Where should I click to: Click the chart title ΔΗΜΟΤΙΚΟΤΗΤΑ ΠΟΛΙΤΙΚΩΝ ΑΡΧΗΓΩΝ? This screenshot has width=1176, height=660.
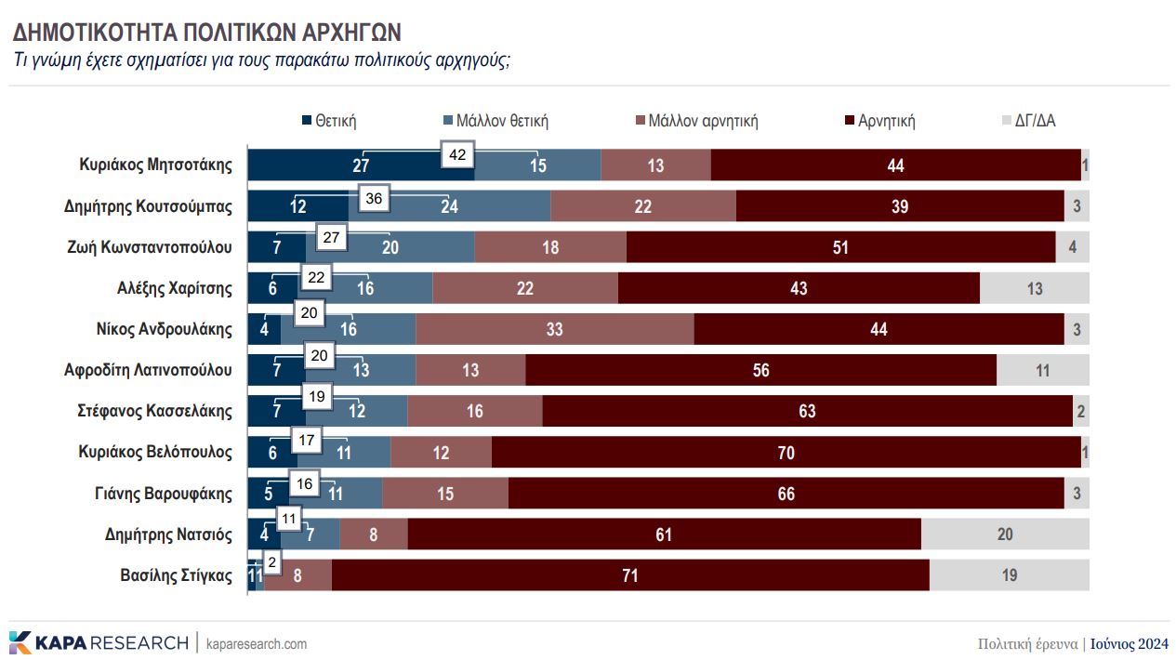[206, 33]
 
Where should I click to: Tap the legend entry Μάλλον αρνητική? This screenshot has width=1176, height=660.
[703, 121]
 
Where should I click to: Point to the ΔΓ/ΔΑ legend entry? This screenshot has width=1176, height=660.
[1035, 121]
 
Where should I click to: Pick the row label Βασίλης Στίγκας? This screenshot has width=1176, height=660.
[176, 574]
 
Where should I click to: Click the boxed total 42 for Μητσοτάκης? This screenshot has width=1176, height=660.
[456, 156]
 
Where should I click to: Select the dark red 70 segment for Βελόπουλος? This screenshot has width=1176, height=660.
[786, 453]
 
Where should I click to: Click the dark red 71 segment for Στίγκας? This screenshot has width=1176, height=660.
[630, 575]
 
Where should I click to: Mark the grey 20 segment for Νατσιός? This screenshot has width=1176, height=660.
[1005, 535]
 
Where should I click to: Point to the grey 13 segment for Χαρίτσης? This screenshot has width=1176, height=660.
[1034, 288]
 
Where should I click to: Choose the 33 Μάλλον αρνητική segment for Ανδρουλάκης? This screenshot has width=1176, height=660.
[554, 329]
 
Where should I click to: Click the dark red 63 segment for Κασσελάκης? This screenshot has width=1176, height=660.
[806, 411]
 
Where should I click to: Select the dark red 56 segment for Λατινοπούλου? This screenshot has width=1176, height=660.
[760, 370]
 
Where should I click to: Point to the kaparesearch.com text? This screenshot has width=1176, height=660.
[256, 644]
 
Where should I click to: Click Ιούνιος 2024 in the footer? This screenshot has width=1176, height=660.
[1130, 644]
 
